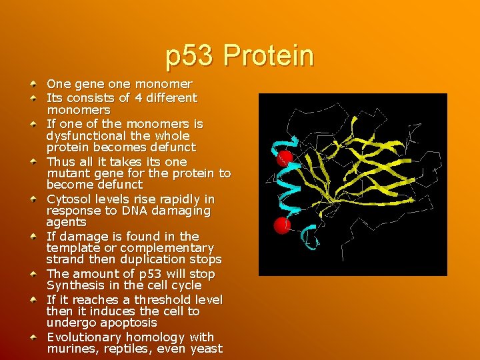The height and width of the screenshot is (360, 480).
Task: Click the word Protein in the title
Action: [x=269, y=56]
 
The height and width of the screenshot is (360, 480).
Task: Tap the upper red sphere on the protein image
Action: [x=285, y=159]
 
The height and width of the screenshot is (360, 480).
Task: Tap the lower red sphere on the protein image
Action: [x=281, y=225]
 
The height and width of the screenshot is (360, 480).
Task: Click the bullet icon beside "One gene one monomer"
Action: [x=33, y=85]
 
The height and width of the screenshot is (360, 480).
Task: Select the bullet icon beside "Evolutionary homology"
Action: [x=33, y=337]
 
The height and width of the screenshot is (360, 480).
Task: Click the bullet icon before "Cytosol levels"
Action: [x=33, y=199]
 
